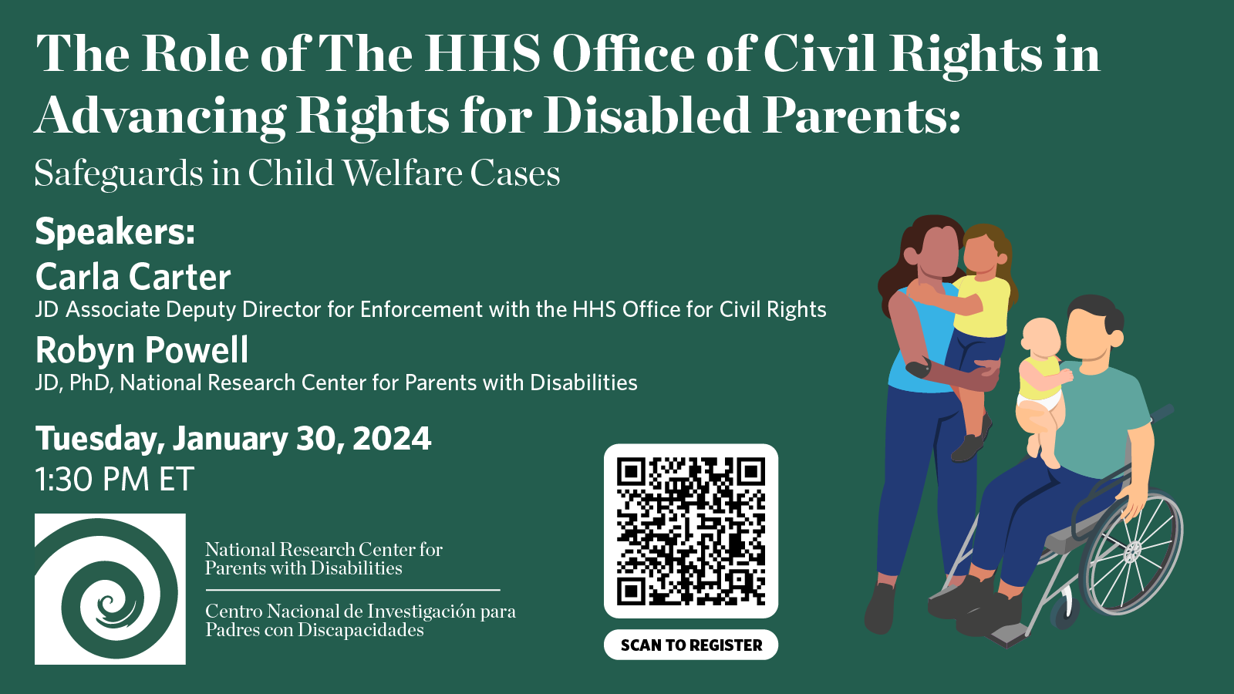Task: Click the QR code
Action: [x=691, y=531]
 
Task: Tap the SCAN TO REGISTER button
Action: [x=691, y=645]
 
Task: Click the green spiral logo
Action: [x=110, y=589]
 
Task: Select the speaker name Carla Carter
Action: [x=133, y=277]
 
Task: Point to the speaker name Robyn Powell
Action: [x=142, y=350]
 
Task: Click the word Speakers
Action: [x=115, y=232]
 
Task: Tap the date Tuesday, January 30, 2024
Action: [x=233, y=439]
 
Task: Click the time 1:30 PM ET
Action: [x=115, y=479]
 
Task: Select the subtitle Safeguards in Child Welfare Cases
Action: [x=297, y=173]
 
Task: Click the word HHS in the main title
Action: [x=482, y=54]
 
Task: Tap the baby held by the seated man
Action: [x=1043, y=386]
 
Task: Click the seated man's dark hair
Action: [x=1096, y=312]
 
